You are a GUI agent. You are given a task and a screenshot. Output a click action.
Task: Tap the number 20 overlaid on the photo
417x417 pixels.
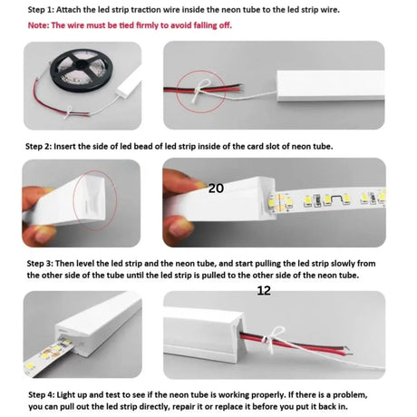coord(217,189)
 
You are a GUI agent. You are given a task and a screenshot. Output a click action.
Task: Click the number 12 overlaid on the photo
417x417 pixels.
coord(264,290)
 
